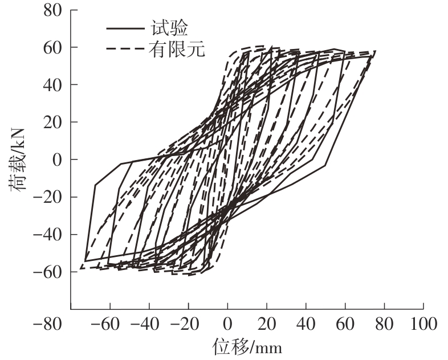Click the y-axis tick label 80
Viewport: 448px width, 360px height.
(x=51, y=10)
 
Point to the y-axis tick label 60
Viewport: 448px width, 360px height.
(x=51, y=47)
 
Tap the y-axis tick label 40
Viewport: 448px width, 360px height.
(x=51, y=85)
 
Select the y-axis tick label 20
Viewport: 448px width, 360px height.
(x=51, y=122)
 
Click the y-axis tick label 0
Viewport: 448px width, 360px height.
(x=56, y=159)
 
